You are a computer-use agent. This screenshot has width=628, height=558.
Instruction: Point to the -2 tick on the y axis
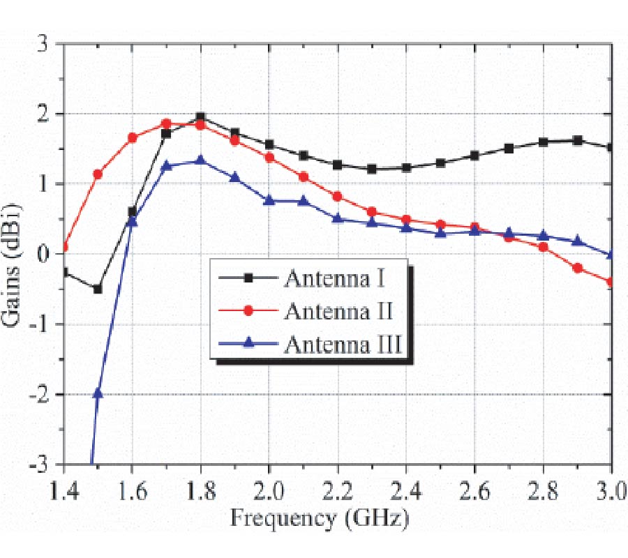(x=45, y=395)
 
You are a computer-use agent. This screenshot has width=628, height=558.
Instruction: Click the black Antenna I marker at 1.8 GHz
(x=200, y=117)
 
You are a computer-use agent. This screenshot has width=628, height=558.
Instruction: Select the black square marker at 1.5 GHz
(x=98, y=289)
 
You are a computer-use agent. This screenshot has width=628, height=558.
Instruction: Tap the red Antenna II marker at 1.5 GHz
(x=98, y=174)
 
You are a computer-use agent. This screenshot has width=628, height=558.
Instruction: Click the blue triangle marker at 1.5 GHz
(x=98, y=393)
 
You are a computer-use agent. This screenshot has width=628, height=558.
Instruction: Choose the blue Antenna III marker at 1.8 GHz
(x=200, y=160)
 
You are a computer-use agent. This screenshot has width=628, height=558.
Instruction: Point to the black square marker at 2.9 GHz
(x=577, y=140)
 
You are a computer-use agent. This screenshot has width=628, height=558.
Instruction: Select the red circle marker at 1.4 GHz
(x=64, y=247)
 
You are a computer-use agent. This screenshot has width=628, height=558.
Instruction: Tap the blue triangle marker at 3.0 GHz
(x=611, y=255)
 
